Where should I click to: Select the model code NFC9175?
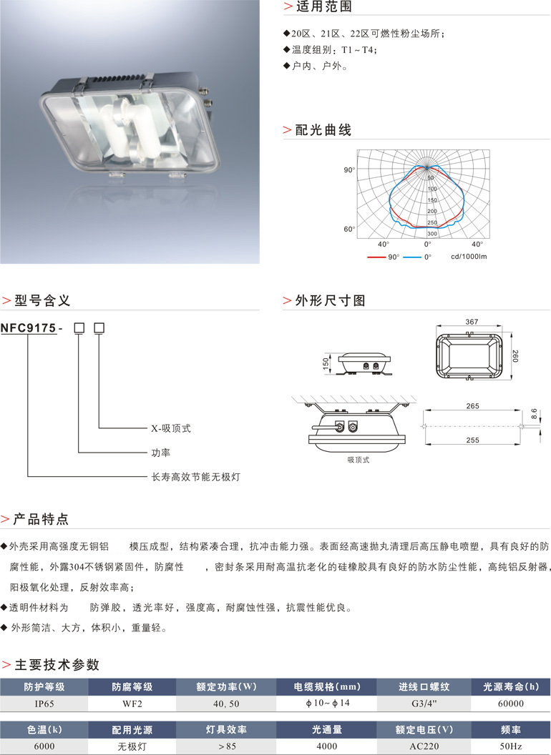(x=28, y=328)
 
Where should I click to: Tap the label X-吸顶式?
(x=170, y=429)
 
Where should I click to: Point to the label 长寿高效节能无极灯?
(x=195, y=475)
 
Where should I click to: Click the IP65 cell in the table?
(x=44, y=704)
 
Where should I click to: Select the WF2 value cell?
(x=132, y=704)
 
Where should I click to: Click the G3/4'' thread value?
(x=424, y=704)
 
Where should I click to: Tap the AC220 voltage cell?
(x=424, y=746)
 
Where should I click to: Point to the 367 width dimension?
(x=471, y=322)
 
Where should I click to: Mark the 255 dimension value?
(x=472, y=440)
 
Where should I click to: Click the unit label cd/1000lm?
(x=469, y=256)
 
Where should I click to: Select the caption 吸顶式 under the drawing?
(x=357, y=460)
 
